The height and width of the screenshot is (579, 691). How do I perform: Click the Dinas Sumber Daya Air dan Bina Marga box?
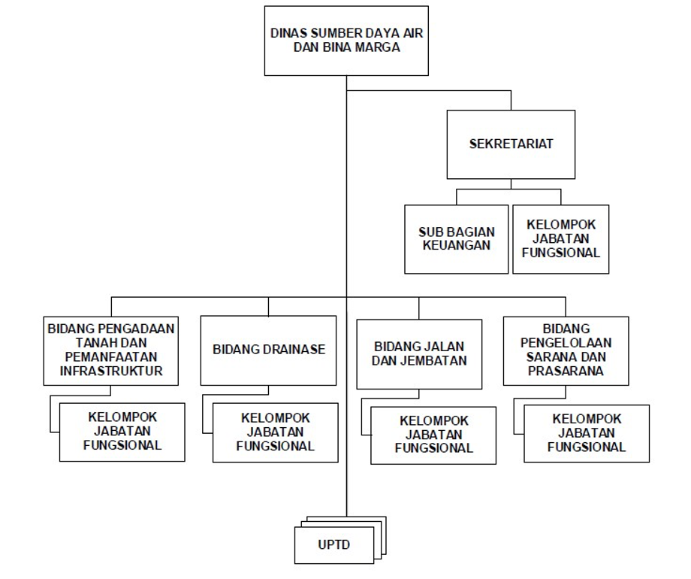[346, 40]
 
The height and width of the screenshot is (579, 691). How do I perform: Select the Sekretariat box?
[511, 144]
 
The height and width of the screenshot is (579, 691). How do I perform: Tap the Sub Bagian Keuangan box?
[455, 238]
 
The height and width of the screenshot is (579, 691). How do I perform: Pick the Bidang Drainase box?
[269, 350]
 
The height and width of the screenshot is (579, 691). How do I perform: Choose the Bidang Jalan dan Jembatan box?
[419, 353]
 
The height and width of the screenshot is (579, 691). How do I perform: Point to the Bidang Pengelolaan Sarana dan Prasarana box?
[576, 350]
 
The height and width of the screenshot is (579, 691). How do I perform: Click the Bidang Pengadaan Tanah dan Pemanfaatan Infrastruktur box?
[111, 350]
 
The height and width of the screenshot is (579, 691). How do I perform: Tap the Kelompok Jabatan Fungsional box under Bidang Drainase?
[275, 432]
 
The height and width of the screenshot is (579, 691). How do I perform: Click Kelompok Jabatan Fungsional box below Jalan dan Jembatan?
[434, 435]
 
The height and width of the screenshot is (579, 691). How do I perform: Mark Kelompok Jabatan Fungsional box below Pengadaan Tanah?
[122, 431]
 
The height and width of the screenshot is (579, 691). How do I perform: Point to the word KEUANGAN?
[455, 245]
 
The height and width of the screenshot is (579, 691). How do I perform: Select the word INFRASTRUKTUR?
[111, 370]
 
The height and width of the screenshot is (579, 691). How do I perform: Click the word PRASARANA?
[576, 371]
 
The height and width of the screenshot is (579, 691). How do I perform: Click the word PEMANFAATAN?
[111, 356]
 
